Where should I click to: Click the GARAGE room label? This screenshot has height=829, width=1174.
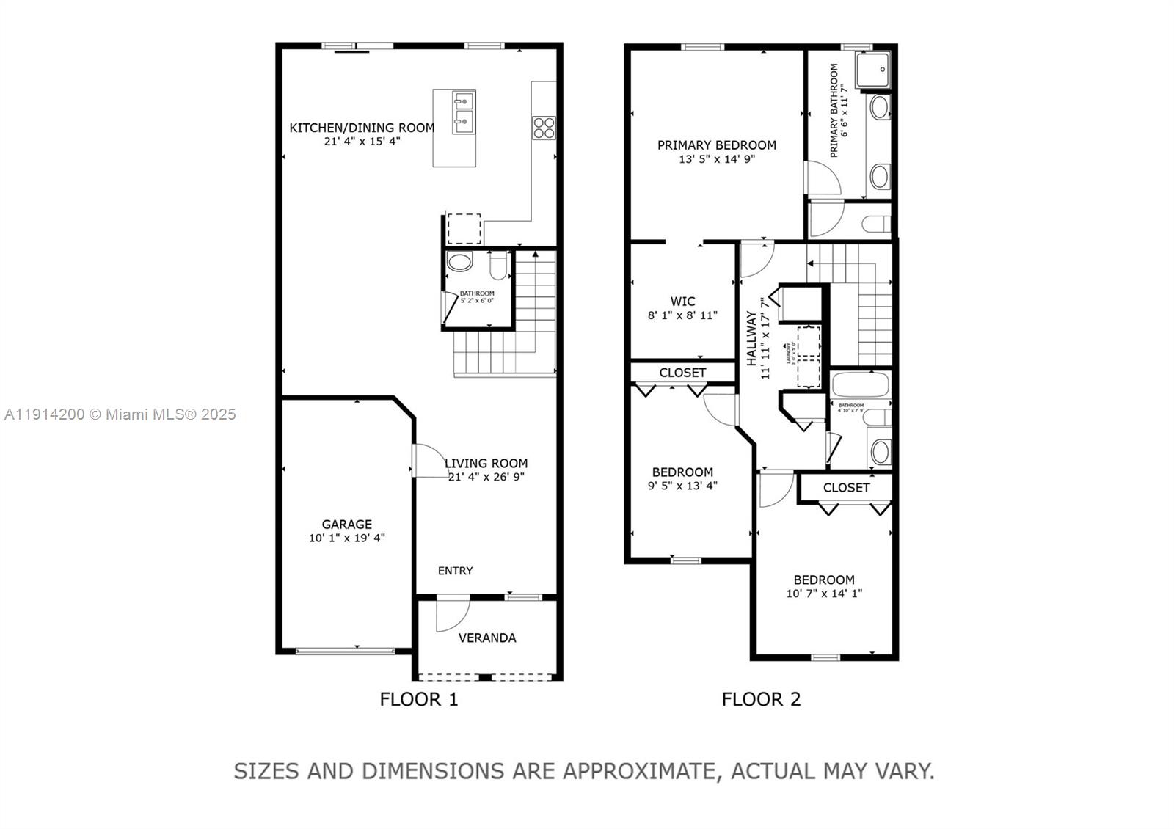pyautogui.click(x=346, y=525)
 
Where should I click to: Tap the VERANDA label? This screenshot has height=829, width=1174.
pyautogui.click(x=487, y=638)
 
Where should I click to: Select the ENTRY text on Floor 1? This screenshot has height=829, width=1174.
pyautogui.click(x=455, y=571)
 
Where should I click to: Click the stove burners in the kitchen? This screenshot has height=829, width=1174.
pyautogui.click(x=544, y=128)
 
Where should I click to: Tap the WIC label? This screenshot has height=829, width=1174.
pyautogui.click(x=682, y=302)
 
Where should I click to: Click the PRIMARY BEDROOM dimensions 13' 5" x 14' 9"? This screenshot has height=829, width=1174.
pyautogui.click(x=717, y=158)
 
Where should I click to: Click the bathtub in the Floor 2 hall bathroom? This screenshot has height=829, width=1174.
pyautogui.click(x=860, y=384)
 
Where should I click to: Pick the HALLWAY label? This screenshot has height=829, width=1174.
pyautogui.click(x=752, y=338)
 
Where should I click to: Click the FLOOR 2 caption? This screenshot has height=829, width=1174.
pyautogui.click(x=761, y=699)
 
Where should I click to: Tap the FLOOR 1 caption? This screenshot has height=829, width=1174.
pyautogui.click(x=418, y=699)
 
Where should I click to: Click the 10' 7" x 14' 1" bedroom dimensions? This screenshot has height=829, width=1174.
pyautogui.click(x=824, y=594)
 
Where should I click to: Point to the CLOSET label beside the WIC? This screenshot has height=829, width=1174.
pyautogui.click(x=682, y=373)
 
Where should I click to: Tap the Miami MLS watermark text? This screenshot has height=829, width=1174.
pyautogui.click(x=120, y=415)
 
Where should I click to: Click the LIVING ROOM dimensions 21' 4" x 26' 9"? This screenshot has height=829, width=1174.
pyautogui.click(x=486, y=477)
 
